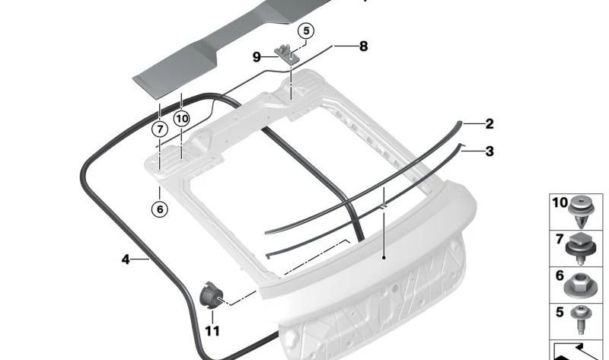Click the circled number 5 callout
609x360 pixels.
[306, 30]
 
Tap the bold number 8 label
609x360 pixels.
[364, 46]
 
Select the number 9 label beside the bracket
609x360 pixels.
[257, 57]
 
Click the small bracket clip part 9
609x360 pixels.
[287, 54]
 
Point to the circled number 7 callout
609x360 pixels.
[160, 129]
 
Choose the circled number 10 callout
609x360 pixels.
[182, 119]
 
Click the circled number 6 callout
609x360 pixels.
[160, 210]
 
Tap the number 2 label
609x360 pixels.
[489, 124]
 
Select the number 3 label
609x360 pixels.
[489, 151]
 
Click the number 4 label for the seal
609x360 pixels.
[126, 259]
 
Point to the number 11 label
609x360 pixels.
[212, 331]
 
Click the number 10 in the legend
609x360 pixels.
[560, 202]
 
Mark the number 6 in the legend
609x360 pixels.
[560, 276]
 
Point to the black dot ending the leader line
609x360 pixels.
[384, 257]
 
